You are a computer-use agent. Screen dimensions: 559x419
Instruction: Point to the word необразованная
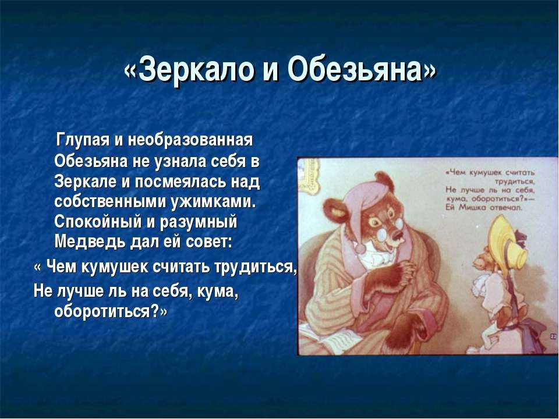(190, 139)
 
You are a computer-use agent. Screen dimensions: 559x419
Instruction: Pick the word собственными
(111, 202)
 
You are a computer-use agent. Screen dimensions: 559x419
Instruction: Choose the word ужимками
(214, 203)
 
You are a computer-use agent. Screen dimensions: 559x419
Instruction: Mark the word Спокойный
(97, 222)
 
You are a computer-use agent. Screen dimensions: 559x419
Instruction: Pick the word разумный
(199, 222)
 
